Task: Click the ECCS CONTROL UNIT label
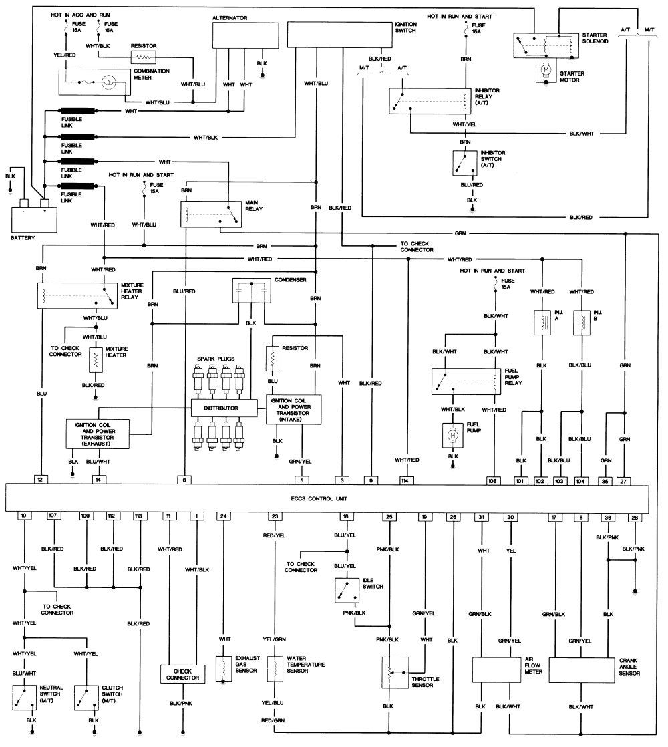pyautogui.click(x=327, y=498)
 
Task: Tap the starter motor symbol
pyautogui.click(x=546, y=69)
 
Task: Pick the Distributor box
pyautogui.click(x=224, y=407)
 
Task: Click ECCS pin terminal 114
pyautogui.click(x=405, y=480)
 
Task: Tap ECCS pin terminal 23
pyautogui.click(x=274, y=516)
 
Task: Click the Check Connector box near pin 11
pyautogui.click(x=182, y=674)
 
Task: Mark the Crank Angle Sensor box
pyautogui.click(x=581, y=669)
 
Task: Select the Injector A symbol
pyautogui.click(x=540, y=323)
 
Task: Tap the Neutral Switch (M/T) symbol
pyautogui.click(x=27, y=697)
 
